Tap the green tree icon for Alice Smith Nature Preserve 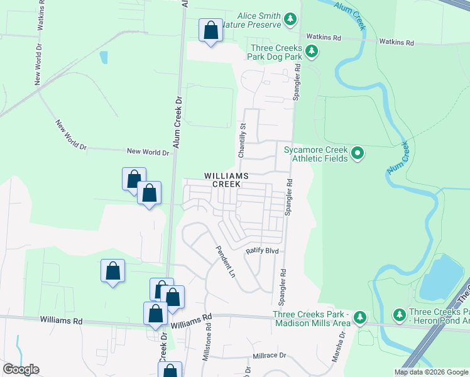(x=290, y=19)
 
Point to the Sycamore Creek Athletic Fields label (x=315, y=154)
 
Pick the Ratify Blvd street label (x=261, y=251)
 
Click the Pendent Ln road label (x=226, y=262)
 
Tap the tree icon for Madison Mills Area (x=359, y=315)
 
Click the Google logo (x=21, y=369)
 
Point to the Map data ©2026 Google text (x=430, y=372)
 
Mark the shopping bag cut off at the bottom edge (x=170, y=371)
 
